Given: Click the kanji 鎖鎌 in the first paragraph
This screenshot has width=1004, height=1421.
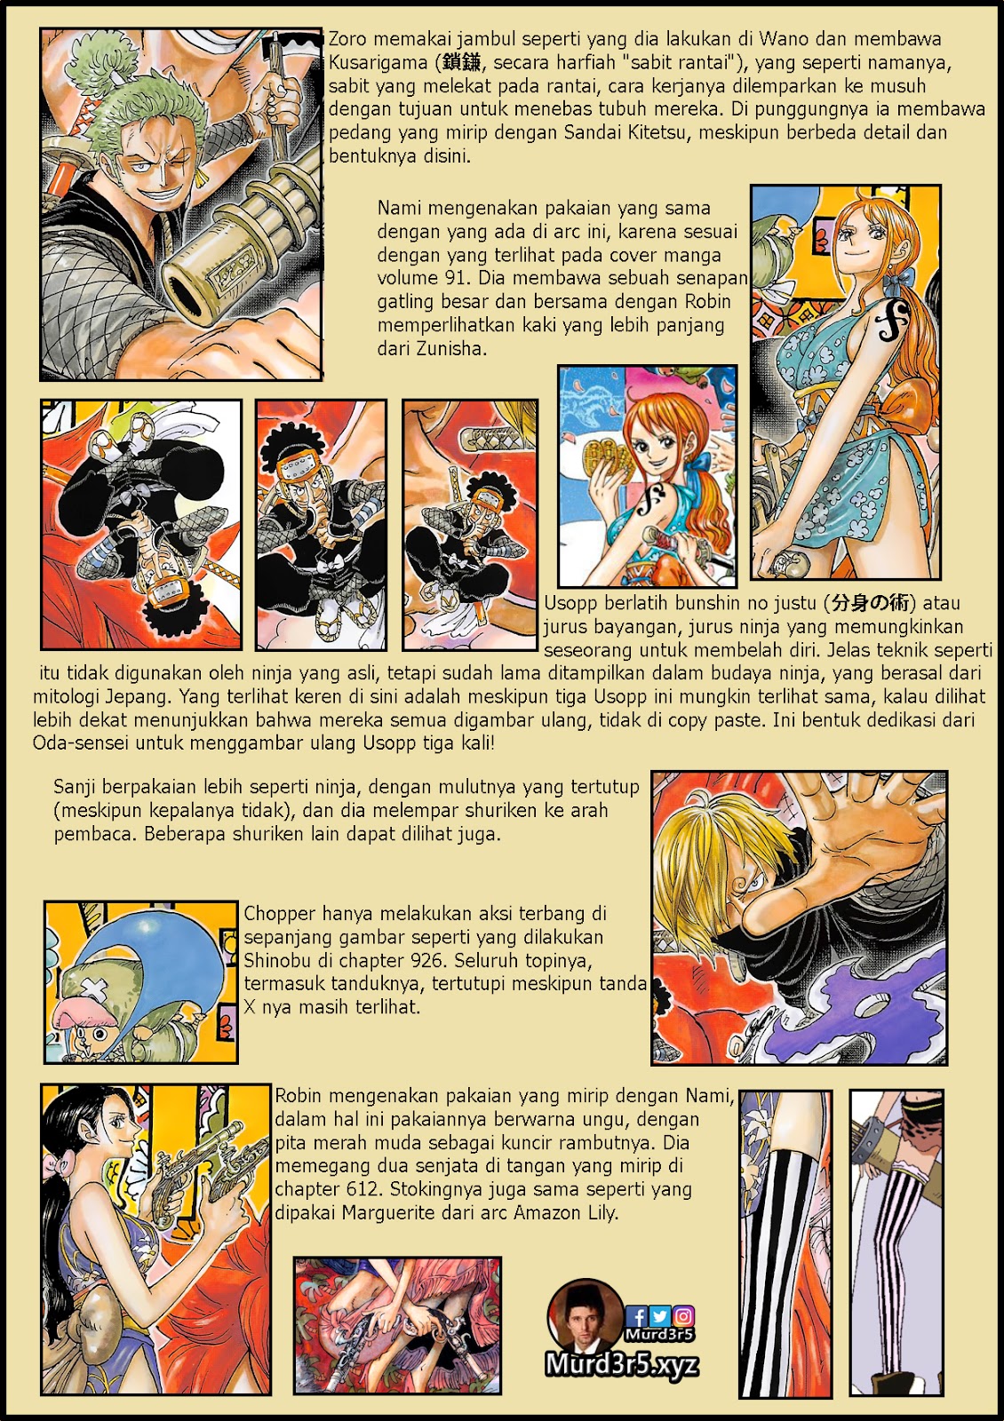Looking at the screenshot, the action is point(462,62).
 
